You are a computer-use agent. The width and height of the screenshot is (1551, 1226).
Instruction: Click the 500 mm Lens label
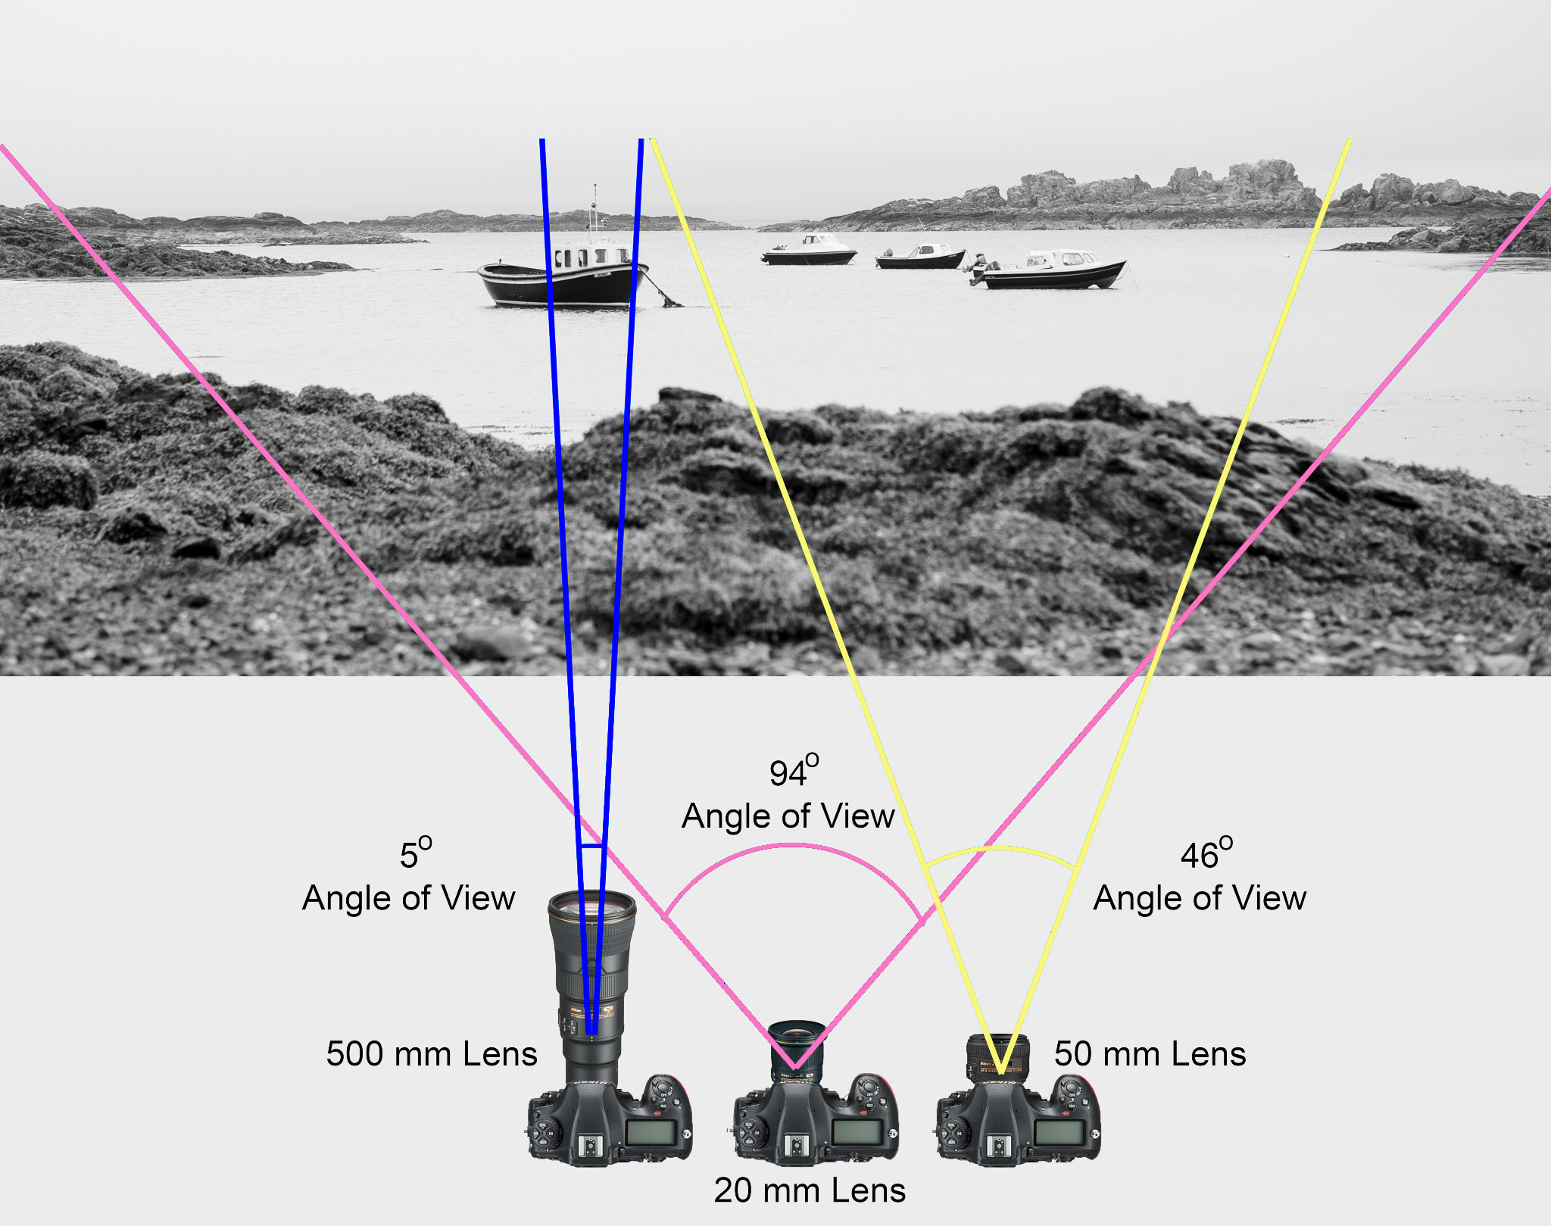432,1054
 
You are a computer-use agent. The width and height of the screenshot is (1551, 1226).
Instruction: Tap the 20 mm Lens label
810,1190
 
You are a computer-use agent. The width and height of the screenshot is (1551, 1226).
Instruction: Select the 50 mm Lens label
1150,1054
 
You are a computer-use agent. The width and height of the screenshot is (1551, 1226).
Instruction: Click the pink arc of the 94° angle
792,847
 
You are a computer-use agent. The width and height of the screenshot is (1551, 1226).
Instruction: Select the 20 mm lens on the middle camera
796,1049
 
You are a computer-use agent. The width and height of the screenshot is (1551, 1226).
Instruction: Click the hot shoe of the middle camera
794,1145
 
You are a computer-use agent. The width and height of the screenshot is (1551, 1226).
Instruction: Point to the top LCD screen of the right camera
1059,1134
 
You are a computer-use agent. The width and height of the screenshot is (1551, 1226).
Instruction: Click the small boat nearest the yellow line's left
809,251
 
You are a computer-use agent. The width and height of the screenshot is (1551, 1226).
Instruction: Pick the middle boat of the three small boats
921,257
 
